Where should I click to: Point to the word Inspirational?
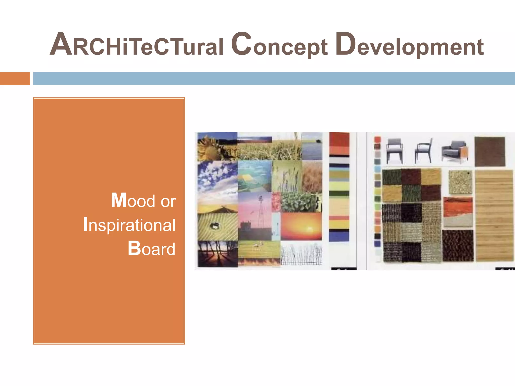[129, 224]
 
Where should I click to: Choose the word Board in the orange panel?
[151, 249]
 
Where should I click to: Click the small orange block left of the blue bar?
[15, 78]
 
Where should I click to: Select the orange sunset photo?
[301, 226]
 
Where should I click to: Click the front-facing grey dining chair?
[394, 151]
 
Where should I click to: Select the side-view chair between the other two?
[424, 151]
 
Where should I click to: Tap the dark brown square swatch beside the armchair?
[490, 151]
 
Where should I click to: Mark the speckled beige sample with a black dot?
[460, 182]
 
